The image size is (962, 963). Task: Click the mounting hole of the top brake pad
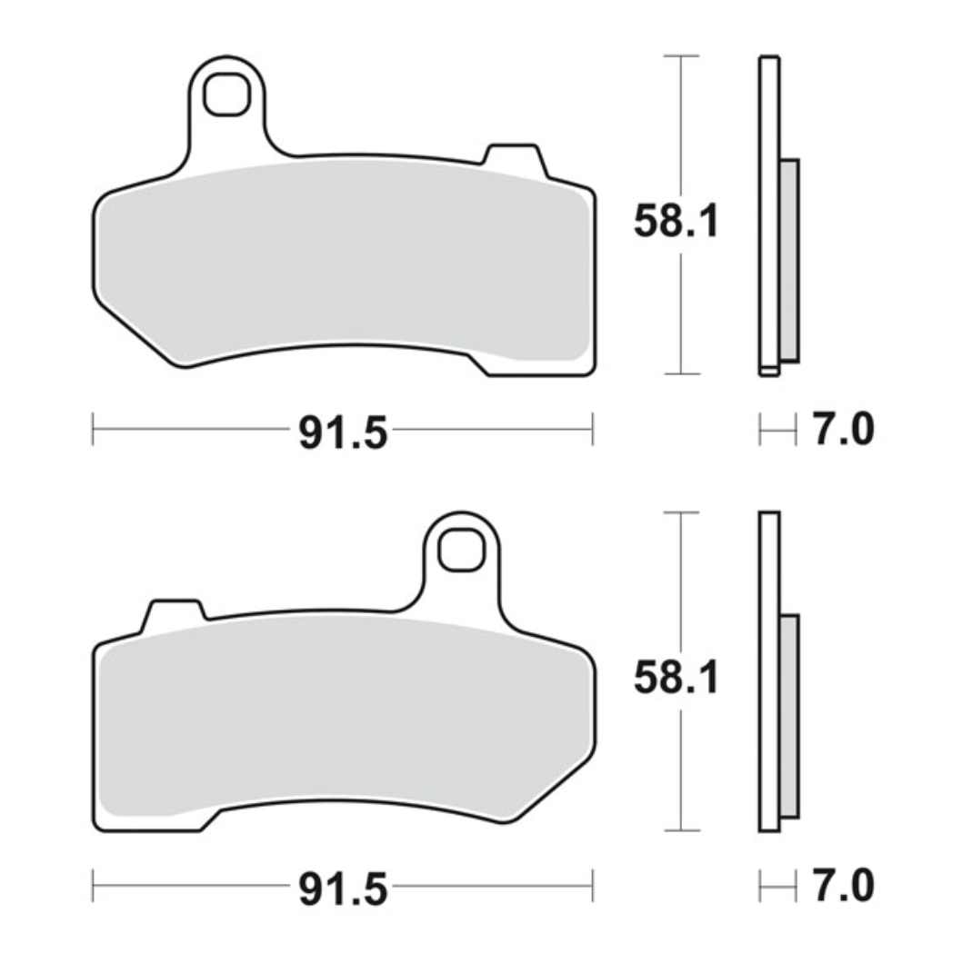[226, 94]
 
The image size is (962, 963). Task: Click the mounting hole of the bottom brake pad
[460, 550]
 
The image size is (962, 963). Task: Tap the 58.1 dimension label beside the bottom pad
[676, 678]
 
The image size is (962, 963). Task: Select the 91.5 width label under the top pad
[343, 433]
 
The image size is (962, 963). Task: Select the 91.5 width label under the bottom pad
[343, 889]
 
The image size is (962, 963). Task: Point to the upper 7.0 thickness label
[843, 430]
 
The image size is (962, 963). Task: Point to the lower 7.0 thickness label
[843, 885]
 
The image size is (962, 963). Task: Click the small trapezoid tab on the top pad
[513, 158]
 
